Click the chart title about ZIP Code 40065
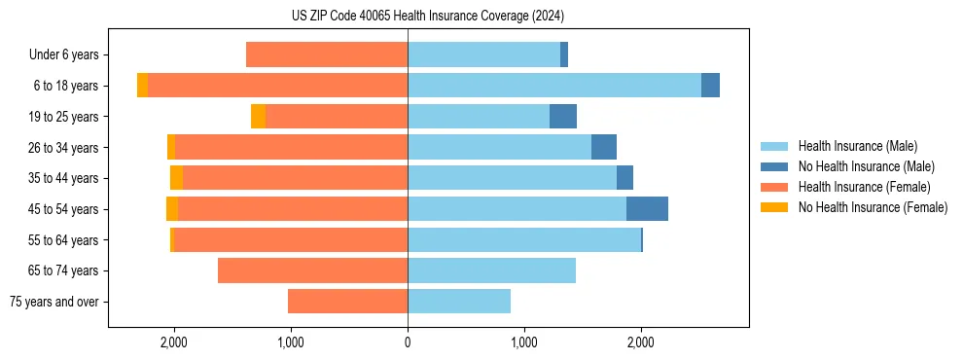(x=427, y=17)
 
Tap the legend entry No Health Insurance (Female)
(x=873, y=207)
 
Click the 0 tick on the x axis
(x=408, y=342)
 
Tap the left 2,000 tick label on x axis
(x=174, y=342)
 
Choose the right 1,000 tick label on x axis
(x=524, y=342)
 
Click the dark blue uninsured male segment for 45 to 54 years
(x=647, y=209)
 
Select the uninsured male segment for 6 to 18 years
(x=710, y=86)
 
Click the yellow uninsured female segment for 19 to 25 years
(x=258, y=117)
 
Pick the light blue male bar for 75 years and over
(x=459, y=302)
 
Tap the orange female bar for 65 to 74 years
(x=312, y=270)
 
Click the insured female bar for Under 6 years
(x=327, y=55)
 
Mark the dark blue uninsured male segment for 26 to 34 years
(x=604, y=147)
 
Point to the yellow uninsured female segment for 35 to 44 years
(x=176, y=178)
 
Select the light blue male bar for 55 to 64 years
(x=524, y=240)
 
